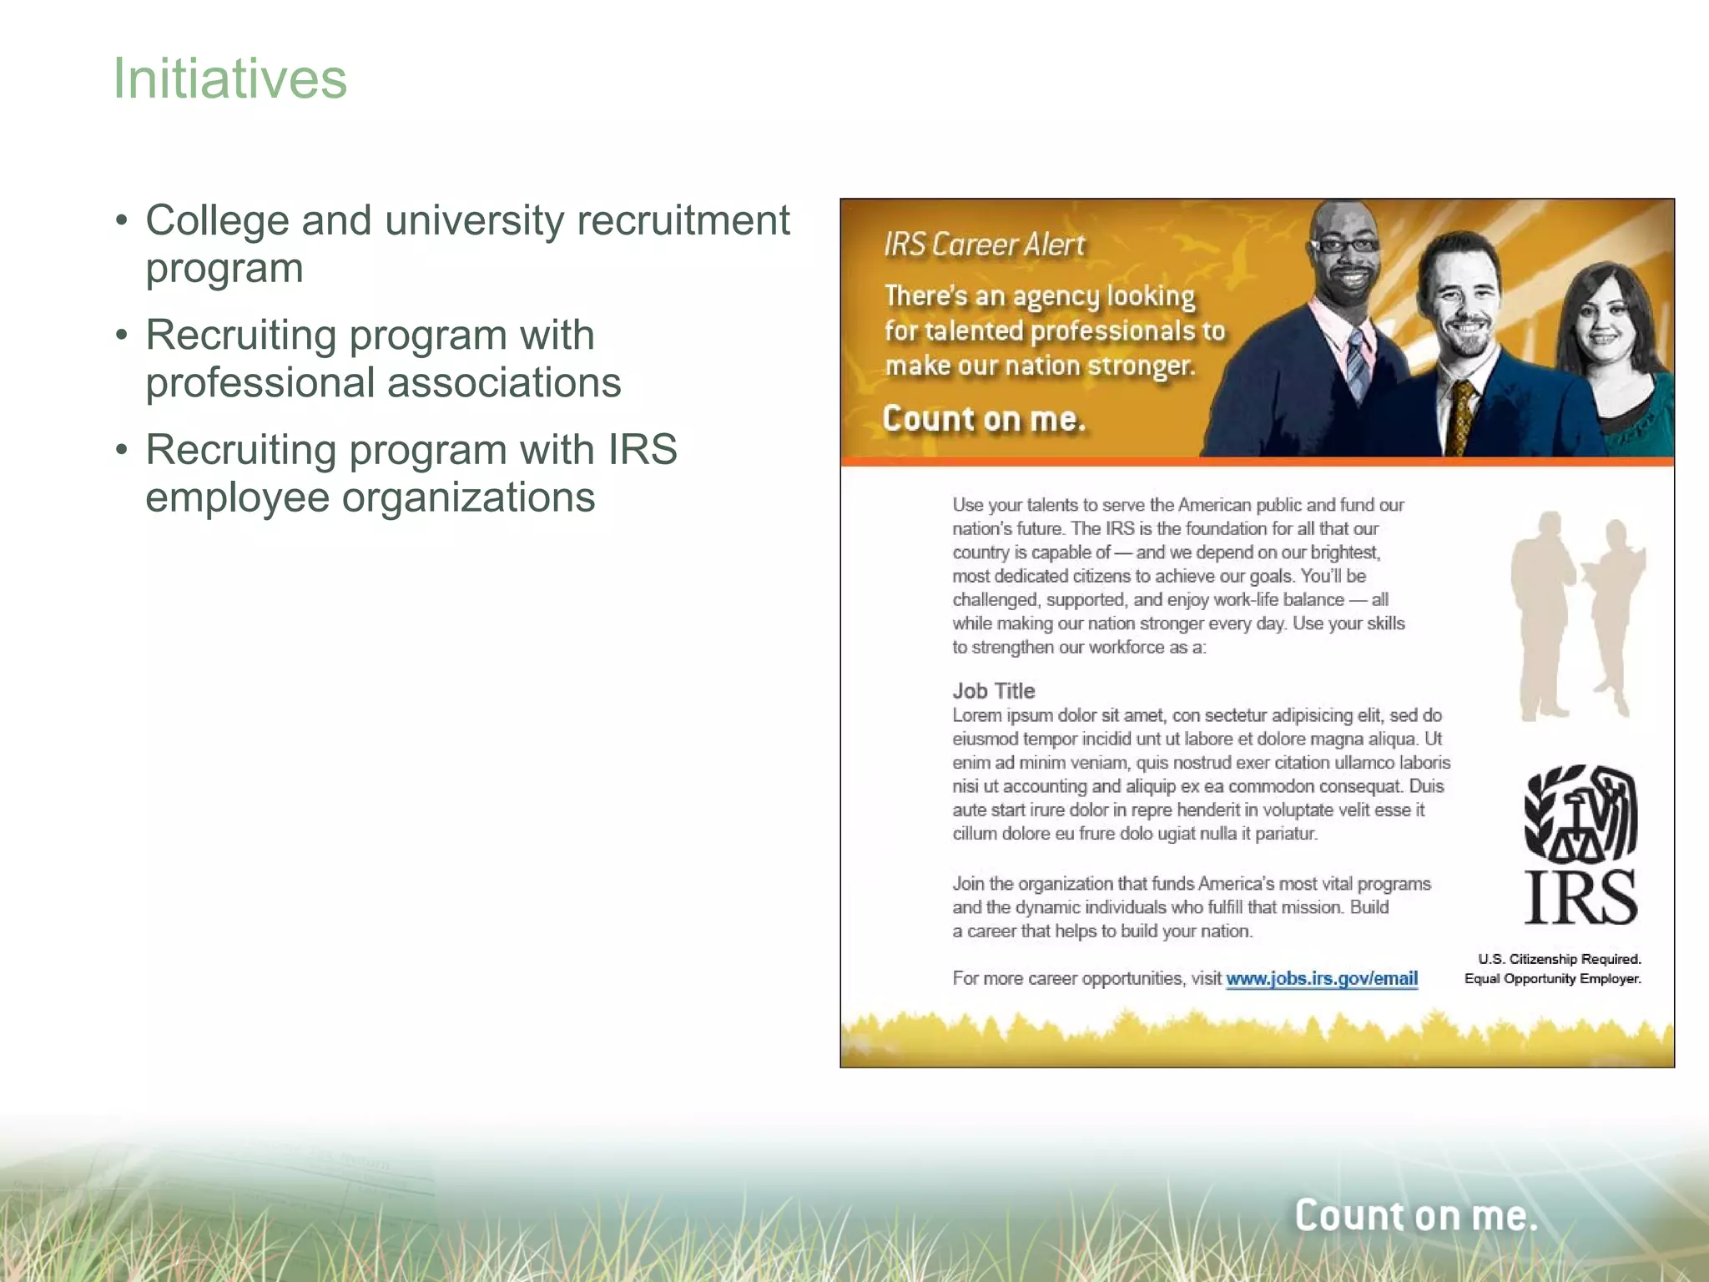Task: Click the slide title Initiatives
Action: tap(229, 78)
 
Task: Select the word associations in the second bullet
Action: tap(504, 383)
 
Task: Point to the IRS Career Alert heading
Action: tap(984, 245)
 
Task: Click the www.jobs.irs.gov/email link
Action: tap(1321, 978)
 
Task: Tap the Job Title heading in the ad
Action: tap(993, 690)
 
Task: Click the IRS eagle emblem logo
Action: tap(1580, 814)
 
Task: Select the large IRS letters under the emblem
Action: tap(1580, 896)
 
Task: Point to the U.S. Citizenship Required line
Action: tap(1559, 959)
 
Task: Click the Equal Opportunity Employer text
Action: tap(1552, 978)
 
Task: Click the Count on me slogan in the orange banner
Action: tap(984, 419)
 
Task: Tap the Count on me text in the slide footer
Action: tap(1415, 1215)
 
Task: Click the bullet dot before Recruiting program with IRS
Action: tap(122, 450)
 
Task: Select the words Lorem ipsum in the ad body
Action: tap(1002, 715)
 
